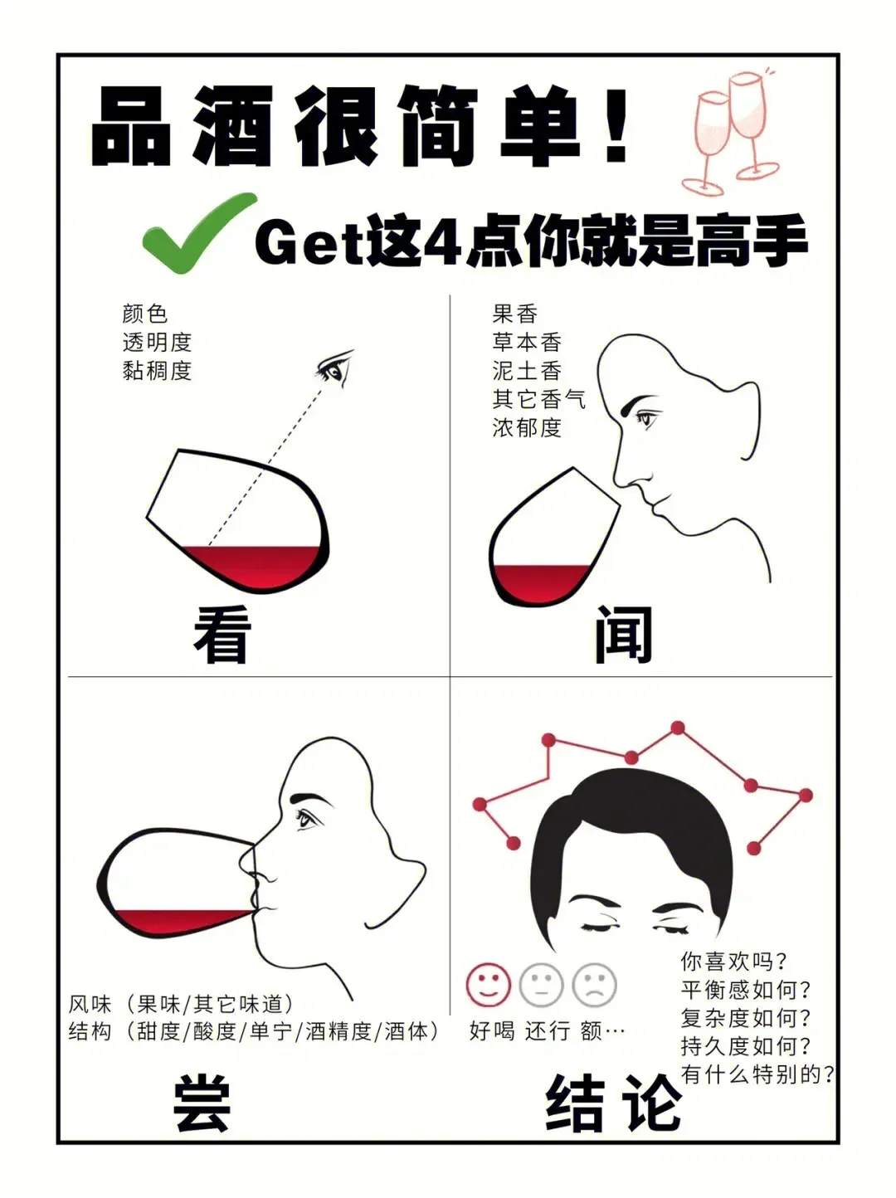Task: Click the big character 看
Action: click(x=222, y=635)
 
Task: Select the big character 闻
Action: click(x=623, y=635)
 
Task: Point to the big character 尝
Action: click(x=202, y=1103)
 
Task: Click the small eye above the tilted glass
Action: click(x=335, y=368)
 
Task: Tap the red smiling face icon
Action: click(x=488, y=985)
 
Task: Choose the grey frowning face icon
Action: click(x=595, y=985)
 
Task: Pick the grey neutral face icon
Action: click(x=541, y=985)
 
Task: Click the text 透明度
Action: click(x=157, y=342)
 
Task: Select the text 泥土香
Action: click(x=527, y=370)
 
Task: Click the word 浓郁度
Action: click(x=527, y=427)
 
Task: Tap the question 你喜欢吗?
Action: click(x=733, y=962)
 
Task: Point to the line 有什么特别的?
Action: click(x=757, y=1074)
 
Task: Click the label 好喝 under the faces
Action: click(x=492, y=1031)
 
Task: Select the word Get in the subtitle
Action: click(x=309, y=242)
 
